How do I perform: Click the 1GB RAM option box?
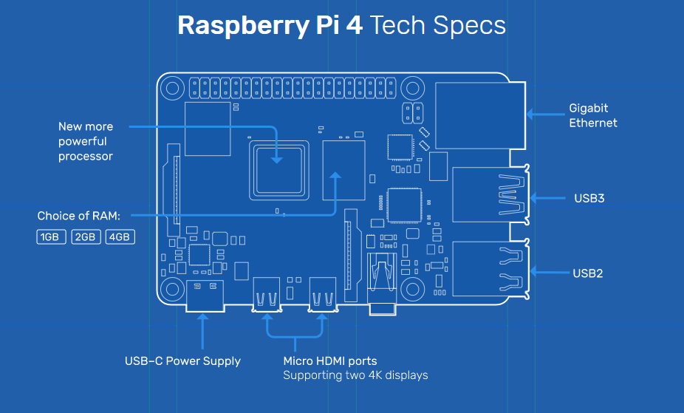click(51, 237)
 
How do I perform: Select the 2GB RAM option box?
click(86, 237)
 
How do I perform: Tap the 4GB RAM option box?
click(120, 237)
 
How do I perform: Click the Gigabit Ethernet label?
click(593, 115)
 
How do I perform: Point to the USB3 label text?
click(589, 199)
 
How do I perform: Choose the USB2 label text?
click(587, 273)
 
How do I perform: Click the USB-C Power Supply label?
click(182, 361)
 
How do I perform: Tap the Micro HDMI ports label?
click(330, 361)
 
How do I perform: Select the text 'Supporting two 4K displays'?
click(355, 375)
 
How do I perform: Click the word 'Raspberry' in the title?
click(244, 25)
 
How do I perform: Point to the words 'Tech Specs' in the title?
click(438, 25)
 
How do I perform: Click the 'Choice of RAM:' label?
click(78, 216)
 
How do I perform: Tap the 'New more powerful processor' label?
click(86, 141)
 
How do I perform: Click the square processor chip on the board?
click(279, 171)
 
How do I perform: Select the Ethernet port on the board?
click(480, 115)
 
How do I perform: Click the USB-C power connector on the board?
click(205, 296)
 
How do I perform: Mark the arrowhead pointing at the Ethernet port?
click(530, 115)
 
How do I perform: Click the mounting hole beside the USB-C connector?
click(172, 289)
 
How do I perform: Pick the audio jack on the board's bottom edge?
click(383, 284)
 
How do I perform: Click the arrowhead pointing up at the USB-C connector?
click(203, 318)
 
